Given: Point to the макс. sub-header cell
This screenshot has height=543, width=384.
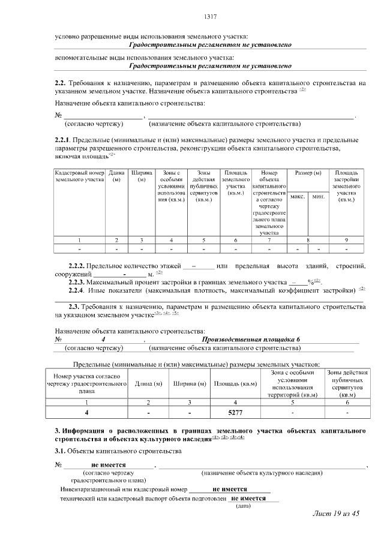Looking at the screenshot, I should [x=298, y=197].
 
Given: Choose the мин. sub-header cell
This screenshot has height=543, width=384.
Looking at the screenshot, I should [x=318, y=197].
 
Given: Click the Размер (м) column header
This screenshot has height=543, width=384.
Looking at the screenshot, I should [x=308, y=173].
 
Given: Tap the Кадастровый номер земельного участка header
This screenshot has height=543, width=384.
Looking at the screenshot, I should [x=80, y=176].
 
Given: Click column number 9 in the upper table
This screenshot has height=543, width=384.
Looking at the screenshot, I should [x=346, y=239].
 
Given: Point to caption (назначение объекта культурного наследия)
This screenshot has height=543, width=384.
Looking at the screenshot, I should [x=262, y=472].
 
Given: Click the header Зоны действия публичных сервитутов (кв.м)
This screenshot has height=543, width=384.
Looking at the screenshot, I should [x=347, y=383].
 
